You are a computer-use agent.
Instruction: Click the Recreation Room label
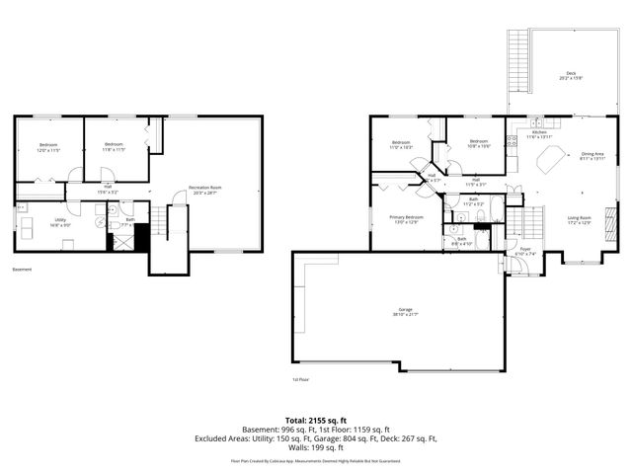coord(207,190)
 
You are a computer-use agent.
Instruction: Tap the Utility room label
coord(60,222)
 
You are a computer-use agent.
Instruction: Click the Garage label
coord(398,312)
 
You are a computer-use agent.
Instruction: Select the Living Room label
coord(579,219)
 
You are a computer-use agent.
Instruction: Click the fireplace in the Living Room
coord(610,217)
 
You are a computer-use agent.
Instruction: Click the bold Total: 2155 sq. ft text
coord(316,420)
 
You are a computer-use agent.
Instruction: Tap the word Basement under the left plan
coord(22,270)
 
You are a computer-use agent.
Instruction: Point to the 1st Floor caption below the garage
coord(301,379)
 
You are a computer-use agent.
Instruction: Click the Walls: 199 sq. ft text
coord(316,446)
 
